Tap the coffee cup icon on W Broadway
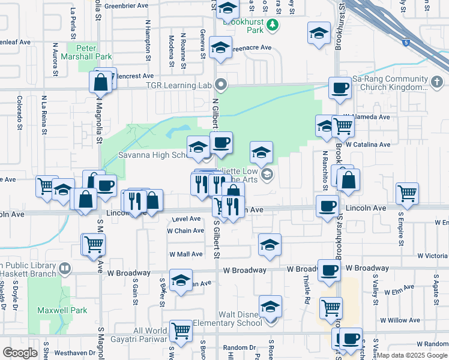coord(329,270)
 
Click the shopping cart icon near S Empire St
coord(407,193)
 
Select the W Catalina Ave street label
coord(369,145)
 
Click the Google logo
coord(20,353)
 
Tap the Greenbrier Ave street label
coord(126,5)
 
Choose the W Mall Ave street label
coord(185,254)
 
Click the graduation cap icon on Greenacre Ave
coord(221,48)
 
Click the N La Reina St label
coord(44,114)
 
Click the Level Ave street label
coord(187,219)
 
